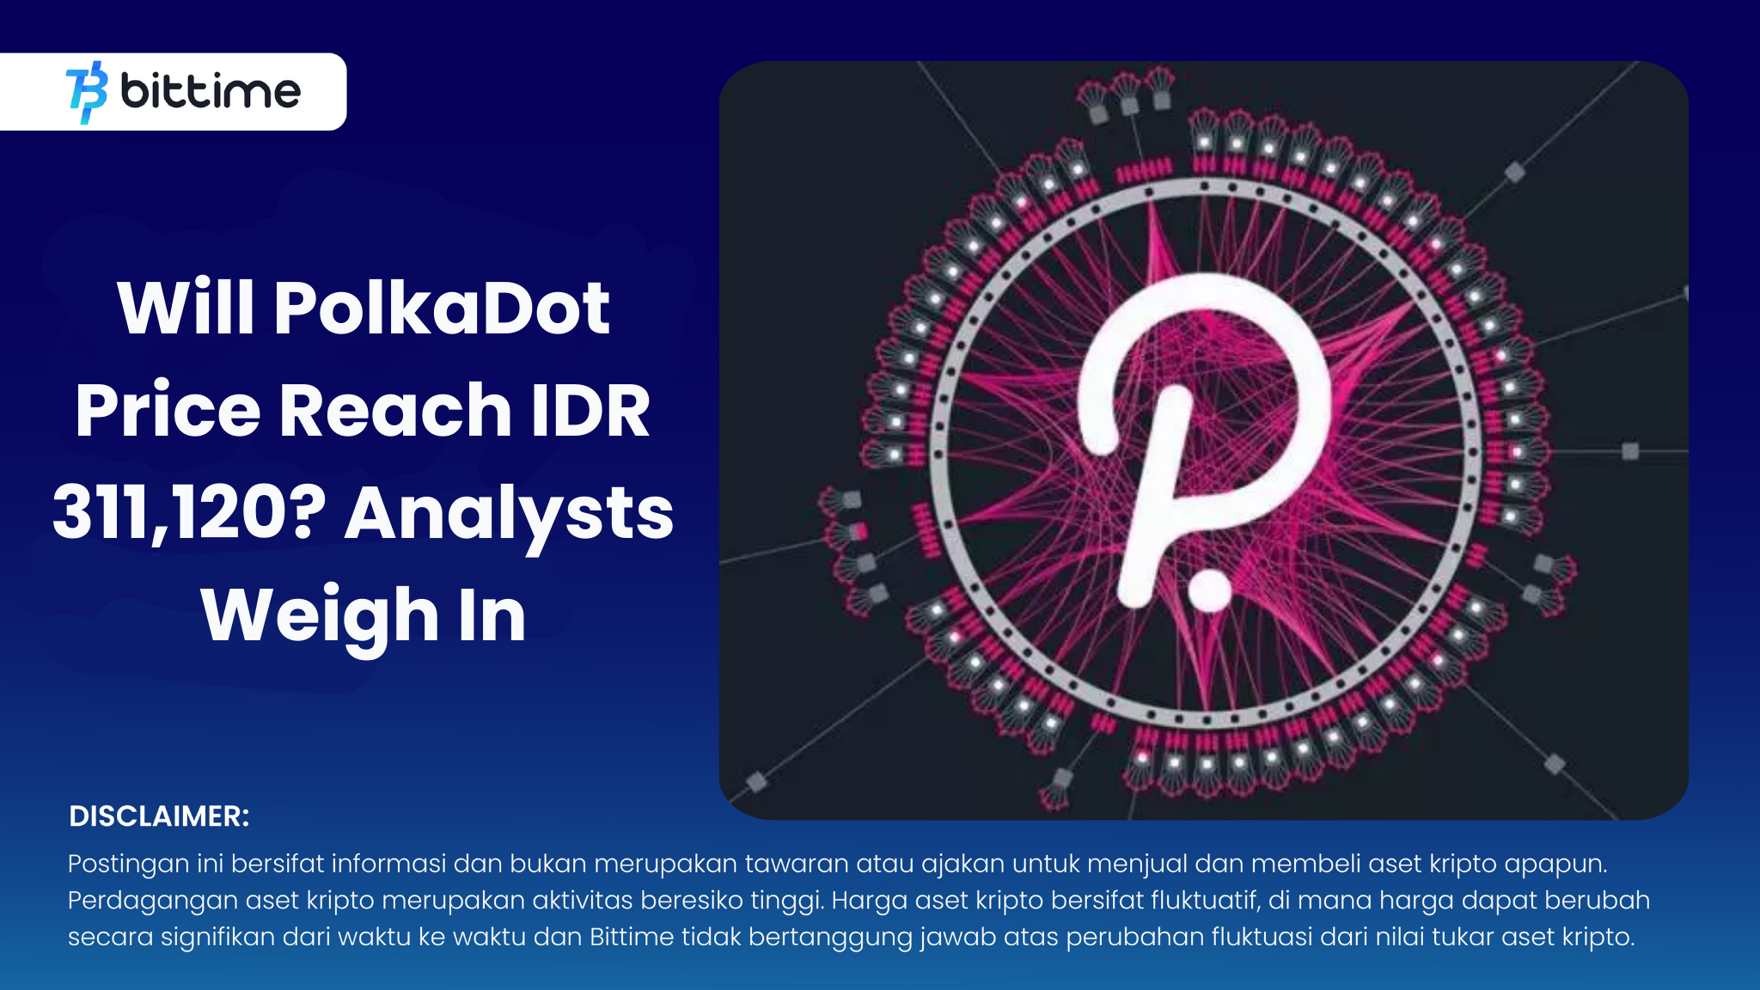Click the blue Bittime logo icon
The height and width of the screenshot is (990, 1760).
click(87, 92)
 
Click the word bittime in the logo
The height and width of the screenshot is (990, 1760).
click(211, 90)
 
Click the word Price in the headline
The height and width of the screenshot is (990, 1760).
click(168, 411)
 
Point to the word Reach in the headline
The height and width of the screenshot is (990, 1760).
click(395, 411)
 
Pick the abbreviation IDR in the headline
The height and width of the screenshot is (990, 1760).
click(590, 411)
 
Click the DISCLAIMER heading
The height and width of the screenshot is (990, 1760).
click(159, 816)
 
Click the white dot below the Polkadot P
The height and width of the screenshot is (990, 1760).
click(1210, 590)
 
